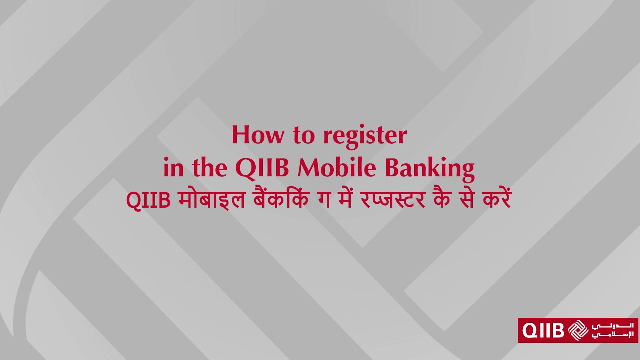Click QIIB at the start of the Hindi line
point(149,200)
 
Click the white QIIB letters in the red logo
point(543,330)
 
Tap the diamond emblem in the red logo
point(579,330)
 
